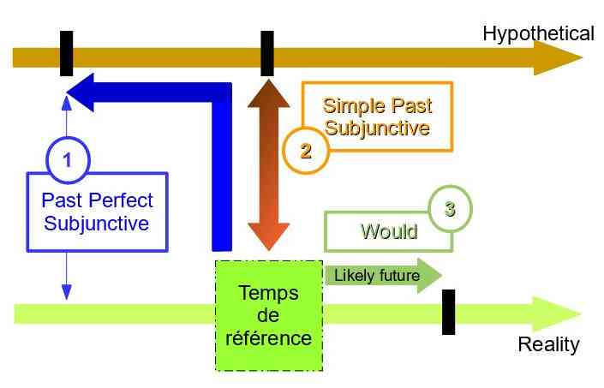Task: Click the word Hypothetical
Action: [x=537, y=33]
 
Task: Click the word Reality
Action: [x=548, y=344]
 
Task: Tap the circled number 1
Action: [x=67, y=158]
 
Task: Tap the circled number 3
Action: [x=450, y=207]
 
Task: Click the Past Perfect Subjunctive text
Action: [x=97, y=212]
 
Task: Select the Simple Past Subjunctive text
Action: [x=377, y=118]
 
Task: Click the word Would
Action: [x=388, y=231]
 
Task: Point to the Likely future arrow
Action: [x=382, y=276]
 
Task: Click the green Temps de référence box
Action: [x=268, y=315]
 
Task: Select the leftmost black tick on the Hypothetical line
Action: [x=67, y=53]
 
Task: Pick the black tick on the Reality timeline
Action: [x=448, y=312]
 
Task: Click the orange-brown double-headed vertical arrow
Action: [x=266, y=163]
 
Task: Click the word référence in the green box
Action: [x=268, y=337]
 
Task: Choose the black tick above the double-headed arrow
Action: [x=266, y=53]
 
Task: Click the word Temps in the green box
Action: [x=268, y=293]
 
